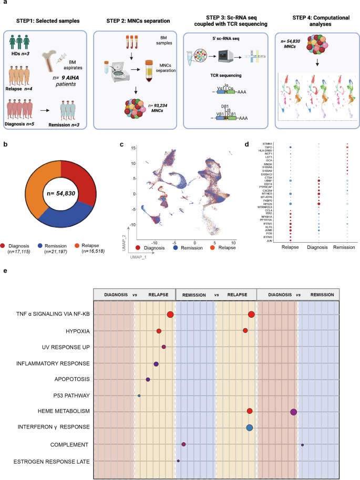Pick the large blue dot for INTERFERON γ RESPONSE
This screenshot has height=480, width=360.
coord(250,427)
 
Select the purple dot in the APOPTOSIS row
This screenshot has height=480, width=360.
coord(148,379)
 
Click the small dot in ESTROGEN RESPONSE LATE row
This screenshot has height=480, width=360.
coord(179,461)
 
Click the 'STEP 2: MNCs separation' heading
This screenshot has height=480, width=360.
coord(131,22)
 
